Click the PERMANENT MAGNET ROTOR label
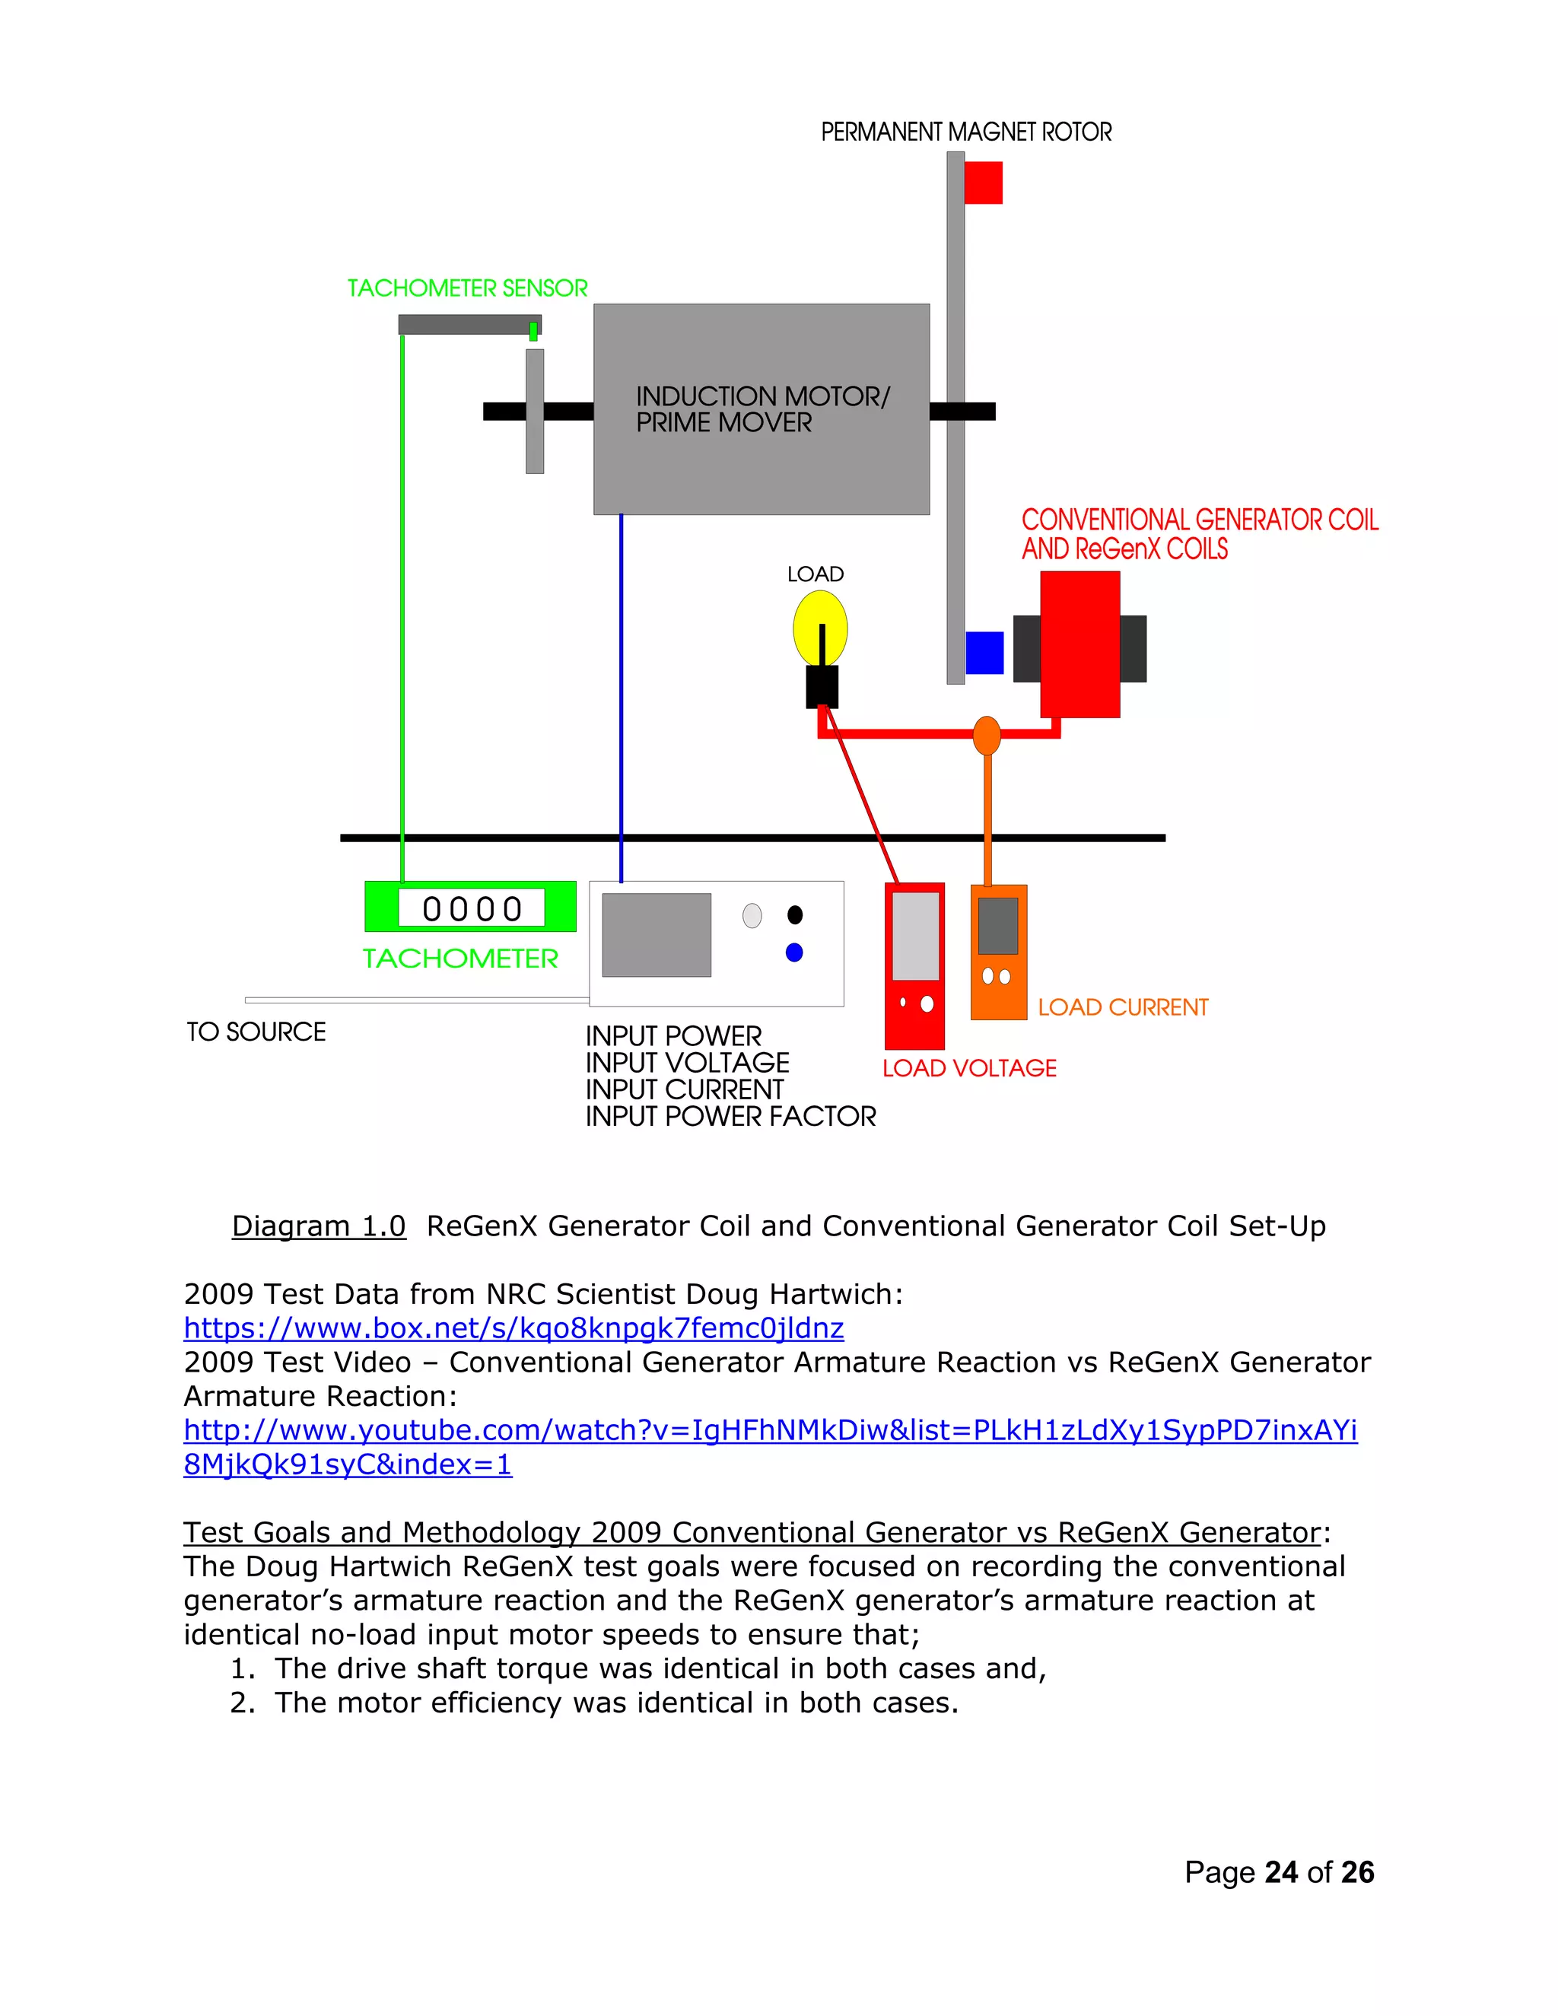(965, 132)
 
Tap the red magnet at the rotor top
(983, 183)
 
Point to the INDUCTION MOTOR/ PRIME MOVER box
(761, 409)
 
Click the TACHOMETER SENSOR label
(467, 289)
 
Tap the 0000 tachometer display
(472, 908)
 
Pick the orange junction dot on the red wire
(987, 735)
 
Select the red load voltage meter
(914, 965)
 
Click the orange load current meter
(998, 952)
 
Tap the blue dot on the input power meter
(793, 952)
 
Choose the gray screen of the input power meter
(657, 934)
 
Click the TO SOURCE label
(256, 1032)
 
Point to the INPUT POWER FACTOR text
(730, 1117)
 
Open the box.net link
(514, 1328)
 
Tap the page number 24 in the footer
(1281, 1872)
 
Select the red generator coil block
(1080, 644)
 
